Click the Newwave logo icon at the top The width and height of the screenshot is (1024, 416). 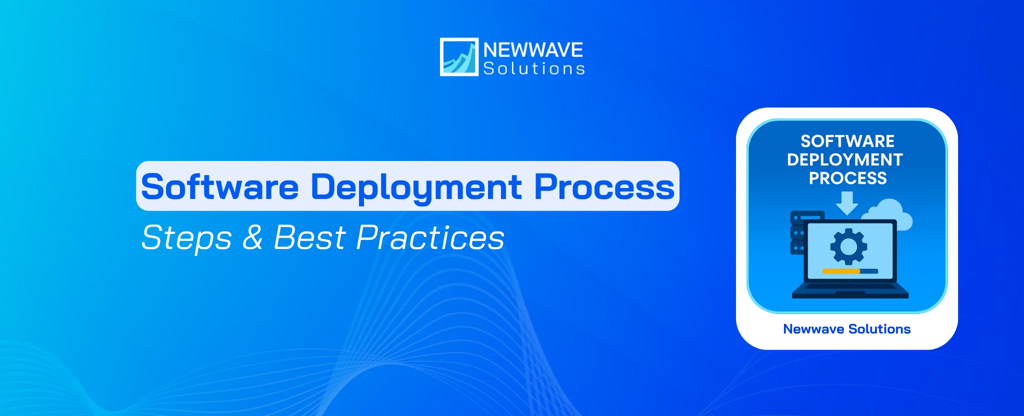[x=458, y=57]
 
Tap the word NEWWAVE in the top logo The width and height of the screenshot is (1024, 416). [x=533, y=49]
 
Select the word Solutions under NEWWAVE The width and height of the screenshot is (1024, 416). [x=534, y=68]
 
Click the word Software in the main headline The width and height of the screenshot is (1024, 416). [x=220, y=187]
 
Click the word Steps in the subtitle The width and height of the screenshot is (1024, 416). [x=186, y=237]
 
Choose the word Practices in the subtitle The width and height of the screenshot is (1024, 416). [x=430, y=237]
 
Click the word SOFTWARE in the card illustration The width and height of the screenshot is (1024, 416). [x=847, y=141]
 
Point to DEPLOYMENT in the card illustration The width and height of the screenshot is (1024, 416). [x=845, y=159]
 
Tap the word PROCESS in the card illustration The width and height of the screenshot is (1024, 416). [x=847, y=178]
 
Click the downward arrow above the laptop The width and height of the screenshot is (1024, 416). [x=847, y=203]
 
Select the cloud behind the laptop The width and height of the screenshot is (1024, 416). [x=892, y=212]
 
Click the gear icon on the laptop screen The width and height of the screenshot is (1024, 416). [x=848, y=246]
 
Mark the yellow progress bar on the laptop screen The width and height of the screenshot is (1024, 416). [x=840, y=271]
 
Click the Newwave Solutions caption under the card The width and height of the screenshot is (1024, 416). [x=846, y=329]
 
